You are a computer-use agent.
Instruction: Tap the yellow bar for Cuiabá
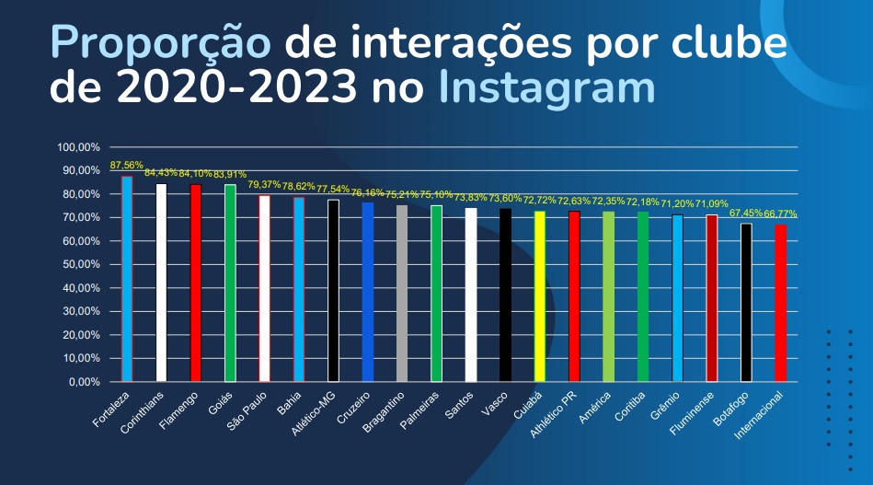tap(539, 295)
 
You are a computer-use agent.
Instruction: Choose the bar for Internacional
tap(780, 303)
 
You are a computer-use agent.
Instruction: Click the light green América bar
tap(608, 295)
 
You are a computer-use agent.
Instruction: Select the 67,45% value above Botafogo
tap(746, 213)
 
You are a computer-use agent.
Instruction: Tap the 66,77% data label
tap(780, 214)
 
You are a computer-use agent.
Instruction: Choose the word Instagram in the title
tap(546, 89)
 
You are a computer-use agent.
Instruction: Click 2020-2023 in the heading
tap(235, 89)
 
